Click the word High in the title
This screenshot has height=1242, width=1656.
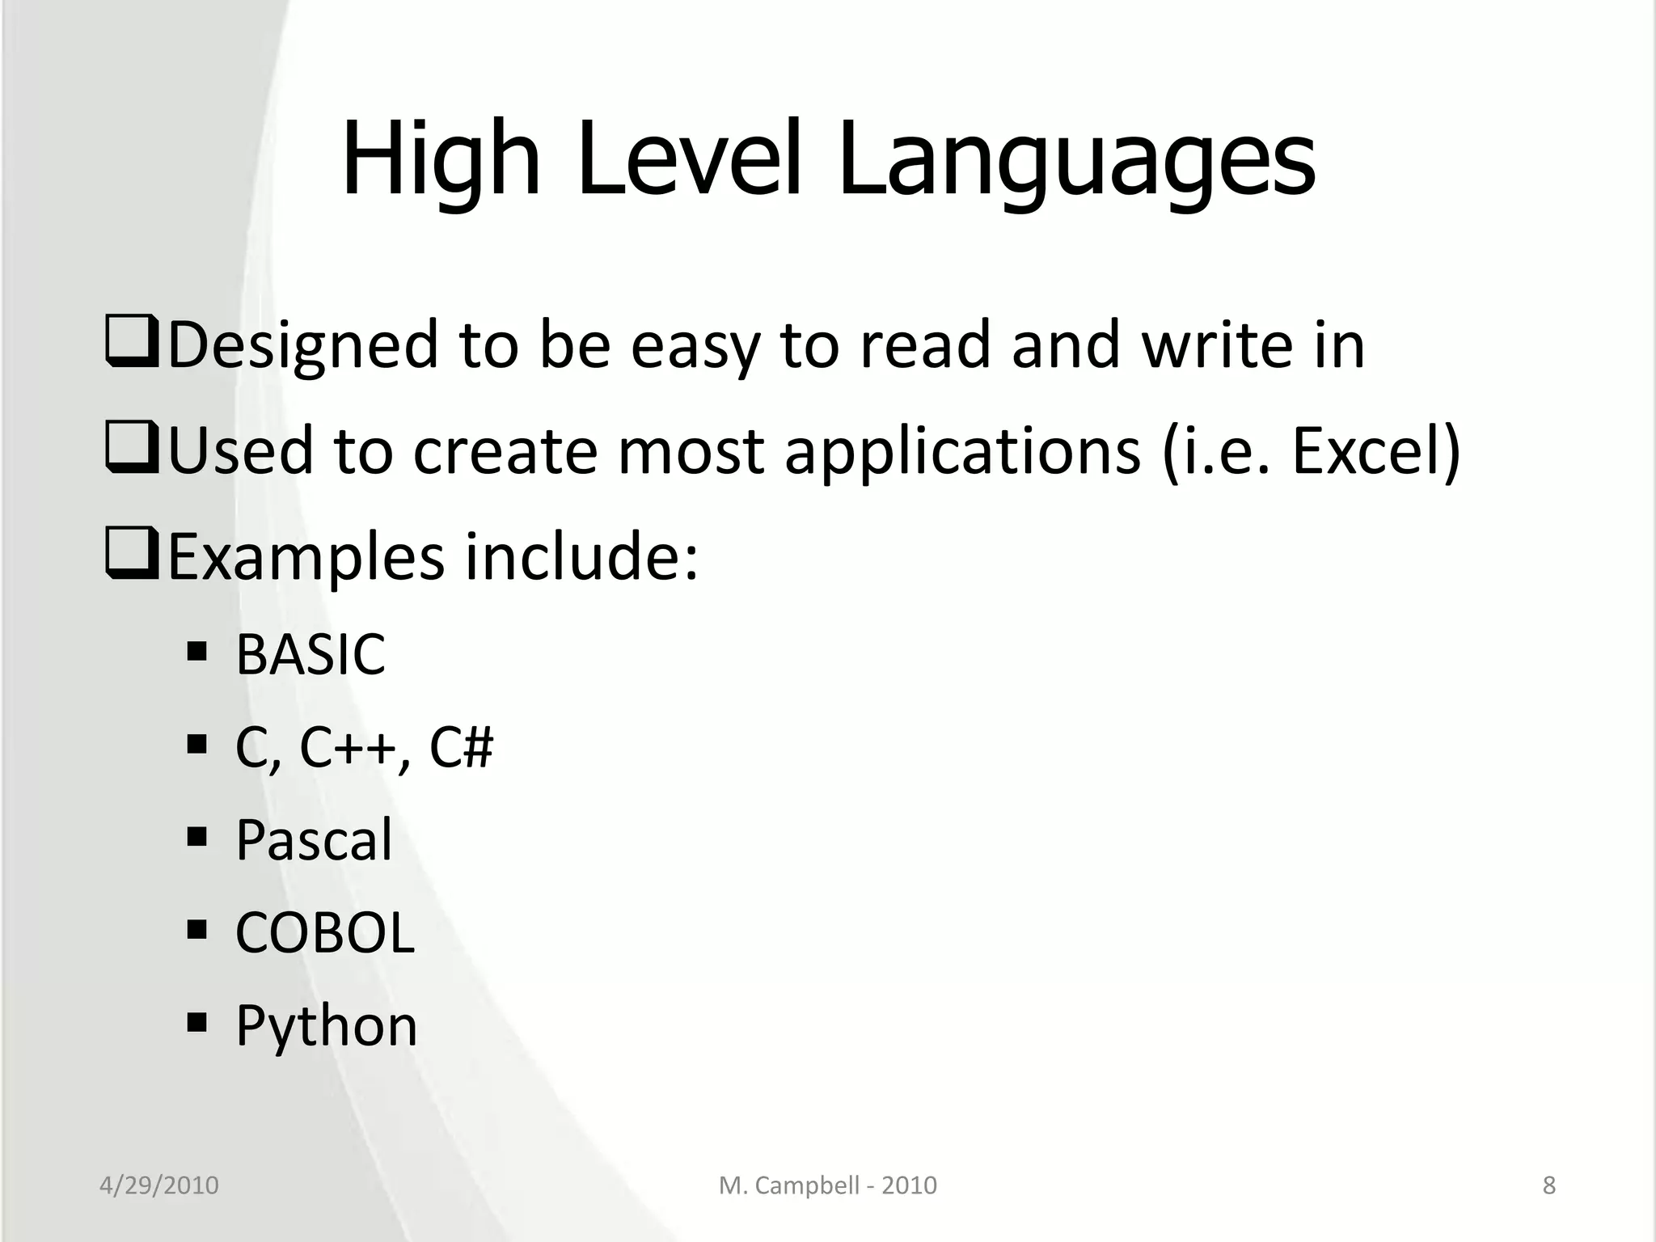point(441,160)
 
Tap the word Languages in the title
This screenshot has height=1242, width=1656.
point(1076,160)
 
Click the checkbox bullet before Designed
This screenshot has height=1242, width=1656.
point(131,344)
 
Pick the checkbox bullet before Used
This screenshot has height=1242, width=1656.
point(131,450)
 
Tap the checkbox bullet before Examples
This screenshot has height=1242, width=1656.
point(131,556)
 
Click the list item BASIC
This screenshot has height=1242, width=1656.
point(310,654)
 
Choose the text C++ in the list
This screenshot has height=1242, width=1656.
point(348,747)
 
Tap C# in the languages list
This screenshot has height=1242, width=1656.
point(461,747)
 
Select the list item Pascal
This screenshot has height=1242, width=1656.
point(314,839)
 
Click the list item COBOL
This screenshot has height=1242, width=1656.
point(325,932)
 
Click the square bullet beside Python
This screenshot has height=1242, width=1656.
point(196,1022)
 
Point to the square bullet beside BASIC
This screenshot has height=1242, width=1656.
point(196,651)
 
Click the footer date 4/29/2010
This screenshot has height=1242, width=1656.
point(159,1185)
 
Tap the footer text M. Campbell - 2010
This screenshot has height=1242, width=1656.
point(828,1185)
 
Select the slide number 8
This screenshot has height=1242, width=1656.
point(1549,1185)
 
